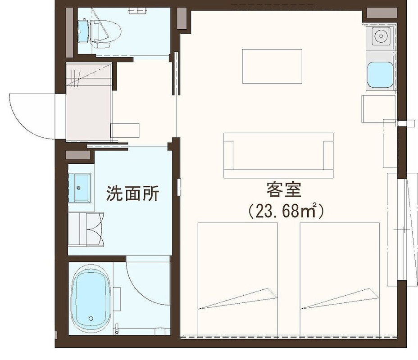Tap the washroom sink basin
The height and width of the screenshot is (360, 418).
82,187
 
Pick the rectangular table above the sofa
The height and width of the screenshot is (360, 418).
272,66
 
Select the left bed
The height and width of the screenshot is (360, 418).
237,279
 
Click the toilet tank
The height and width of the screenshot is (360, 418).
83,30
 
